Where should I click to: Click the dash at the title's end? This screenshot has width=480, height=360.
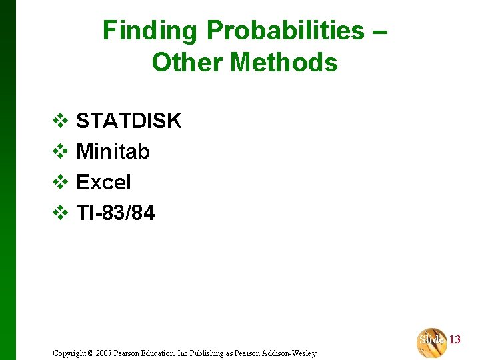pyautogui.click(x=379, y=31)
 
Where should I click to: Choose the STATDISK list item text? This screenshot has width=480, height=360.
pyautogui.click(x=129, y=121)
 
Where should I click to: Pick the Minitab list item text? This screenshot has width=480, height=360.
pyautogui.click(x=113, y=151)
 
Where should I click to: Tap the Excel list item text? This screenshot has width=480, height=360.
pyautogui.click(x=103, y=182)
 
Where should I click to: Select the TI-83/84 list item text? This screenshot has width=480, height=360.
pyautogui.click(x=115, y=213)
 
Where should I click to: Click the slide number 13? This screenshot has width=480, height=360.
pyautogui.click(x=455, y=340)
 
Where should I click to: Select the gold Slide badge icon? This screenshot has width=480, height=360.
pyautogui.click(x=432, y=341)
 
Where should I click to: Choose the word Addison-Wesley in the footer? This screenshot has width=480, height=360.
pyautogui.click(x=293, y=353)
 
